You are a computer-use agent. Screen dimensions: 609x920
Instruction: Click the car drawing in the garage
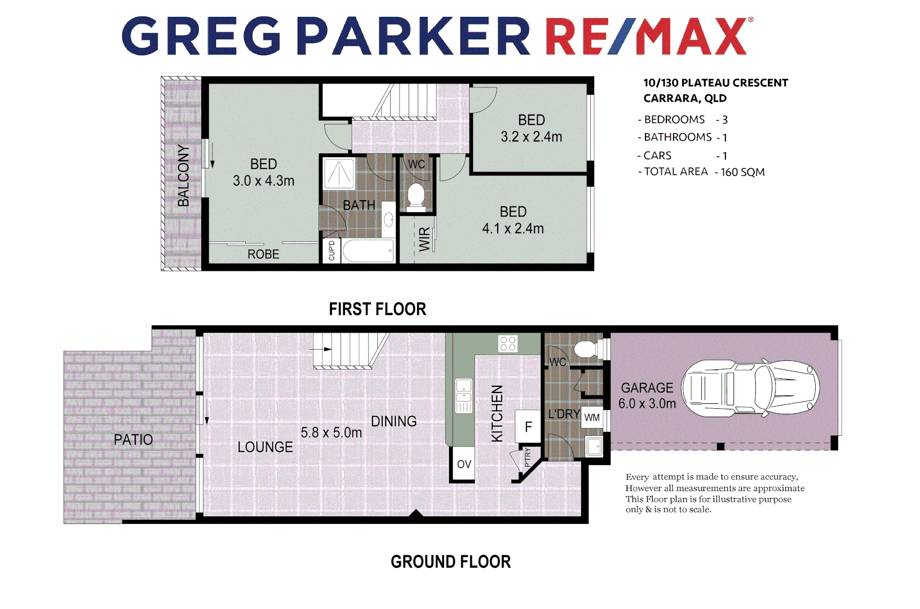pyautogui.click(x=750, y=389)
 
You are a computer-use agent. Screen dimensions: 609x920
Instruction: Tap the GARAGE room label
pyautogui.click(x=647, y=388)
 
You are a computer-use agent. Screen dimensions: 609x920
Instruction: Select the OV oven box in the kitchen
pyautogui.click(x=463, y=464)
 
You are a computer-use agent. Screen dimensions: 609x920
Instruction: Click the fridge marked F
pyautogui.click(x=528, y=426)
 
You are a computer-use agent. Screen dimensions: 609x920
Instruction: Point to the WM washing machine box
pyautogui.click(x=592, y=418)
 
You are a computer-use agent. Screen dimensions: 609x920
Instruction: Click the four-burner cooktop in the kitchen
pyautogui.click(x=508, y=343)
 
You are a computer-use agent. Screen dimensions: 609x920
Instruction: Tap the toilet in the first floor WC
pyautogui.click(x=416, y=195)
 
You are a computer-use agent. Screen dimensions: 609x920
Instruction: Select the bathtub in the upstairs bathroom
pyautogui.click(x=368, y=251)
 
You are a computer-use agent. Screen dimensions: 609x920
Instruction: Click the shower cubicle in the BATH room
pyautogui.click(x=339, y=174)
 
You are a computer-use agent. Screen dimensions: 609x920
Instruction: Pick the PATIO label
pyautogui.click(x=133, y=440)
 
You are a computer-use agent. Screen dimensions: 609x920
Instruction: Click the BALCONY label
pyautogui.click(x=183, y=175)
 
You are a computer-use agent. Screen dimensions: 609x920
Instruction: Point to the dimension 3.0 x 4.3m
pyautogui.click(x=263, y=181)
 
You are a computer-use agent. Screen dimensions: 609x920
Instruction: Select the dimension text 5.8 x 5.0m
pyautogui.click(x=331, y=433)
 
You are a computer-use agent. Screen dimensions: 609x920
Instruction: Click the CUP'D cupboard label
pyautogui.click(x=331, y=250)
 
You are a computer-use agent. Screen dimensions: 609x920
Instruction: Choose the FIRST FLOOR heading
pyautogui.click(x=377, y=309)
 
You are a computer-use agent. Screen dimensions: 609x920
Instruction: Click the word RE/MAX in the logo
pyautogui.click(x=646, y=37)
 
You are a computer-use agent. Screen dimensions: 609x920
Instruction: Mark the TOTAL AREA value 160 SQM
pyautogui.click(x=742, y=172)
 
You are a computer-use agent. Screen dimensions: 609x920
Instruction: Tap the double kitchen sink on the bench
pyautogui.click(x=463, y=395)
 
